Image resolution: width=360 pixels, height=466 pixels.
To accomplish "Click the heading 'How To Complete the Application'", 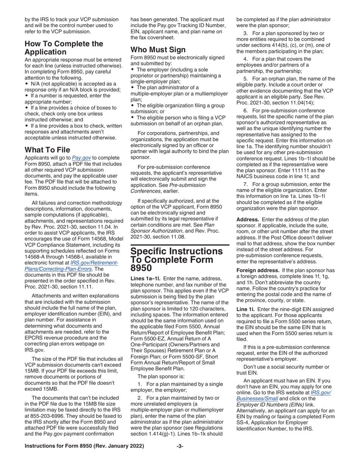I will (64, 48).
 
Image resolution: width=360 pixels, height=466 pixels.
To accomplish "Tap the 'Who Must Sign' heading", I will (158, 50).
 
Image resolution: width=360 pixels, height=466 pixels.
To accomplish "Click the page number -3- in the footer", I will (180, 446).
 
